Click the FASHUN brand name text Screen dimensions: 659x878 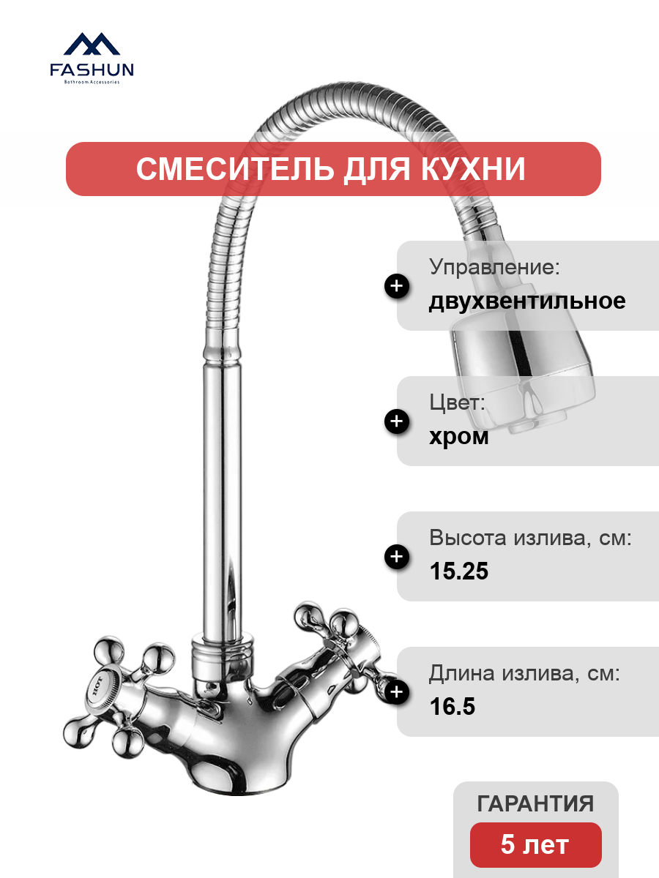92,70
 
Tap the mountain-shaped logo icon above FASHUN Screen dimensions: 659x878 92,43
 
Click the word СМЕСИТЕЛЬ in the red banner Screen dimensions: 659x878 235,169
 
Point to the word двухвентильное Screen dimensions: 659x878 527,301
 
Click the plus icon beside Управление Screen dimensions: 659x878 397,286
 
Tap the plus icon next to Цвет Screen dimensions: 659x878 397,421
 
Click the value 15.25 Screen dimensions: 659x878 459,571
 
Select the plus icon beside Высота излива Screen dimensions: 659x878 397,556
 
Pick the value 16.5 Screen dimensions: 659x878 452,706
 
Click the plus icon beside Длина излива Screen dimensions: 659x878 397,691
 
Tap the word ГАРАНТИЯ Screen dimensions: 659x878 535,803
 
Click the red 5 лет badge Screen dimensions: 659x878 535,844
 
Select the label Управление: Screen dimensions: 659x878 494,267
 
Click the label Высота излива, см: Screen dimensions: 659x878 531,538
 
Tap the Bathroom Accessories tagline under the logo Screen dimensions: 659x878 92,82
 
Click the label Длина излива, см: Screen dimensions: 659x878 524,673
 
